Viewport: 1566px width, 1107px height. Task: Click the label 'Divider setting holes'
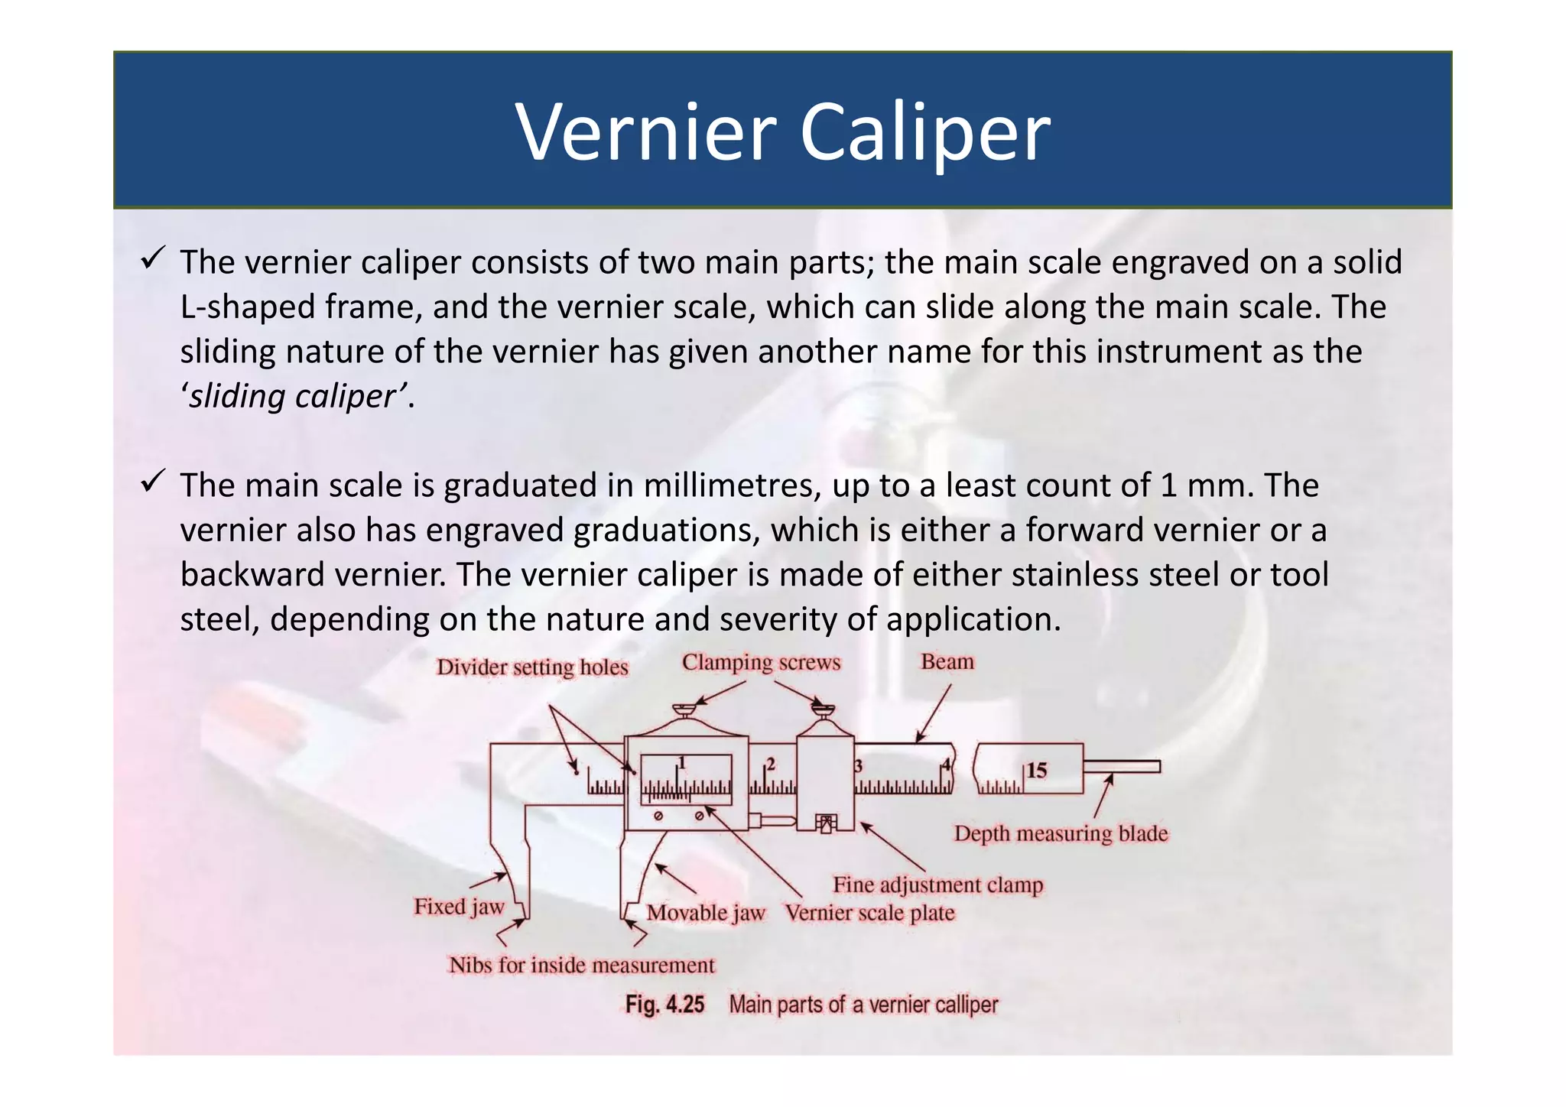[532, 667]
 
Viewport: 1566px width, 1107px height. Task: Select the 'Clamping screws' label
[761, 662]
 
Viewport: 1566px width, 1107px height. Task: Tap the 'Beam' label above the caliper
[947, 661]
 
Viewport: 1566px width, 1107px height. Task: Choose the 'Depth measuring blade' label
[1061, 833]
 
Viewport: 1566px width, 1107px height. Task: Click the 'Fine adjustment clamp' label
[938, 885]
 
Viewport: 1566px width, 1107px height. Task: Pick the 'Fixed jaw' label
[459, 907]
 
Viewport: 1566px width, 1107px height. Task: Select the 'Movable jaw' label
[706, 913]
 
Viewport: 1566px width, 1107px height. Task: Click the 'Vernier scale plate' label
[870, 913]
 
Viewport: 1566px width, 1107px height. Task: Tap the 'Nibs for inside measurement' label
[582, 965]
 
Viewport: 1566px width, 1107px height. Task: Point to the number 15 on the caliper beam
[1036, 770]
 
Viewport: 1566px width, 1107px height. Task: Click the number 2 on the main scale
[771, 765]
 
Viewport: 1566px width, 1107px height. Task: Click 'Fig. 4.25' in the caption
[664, 1004]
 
